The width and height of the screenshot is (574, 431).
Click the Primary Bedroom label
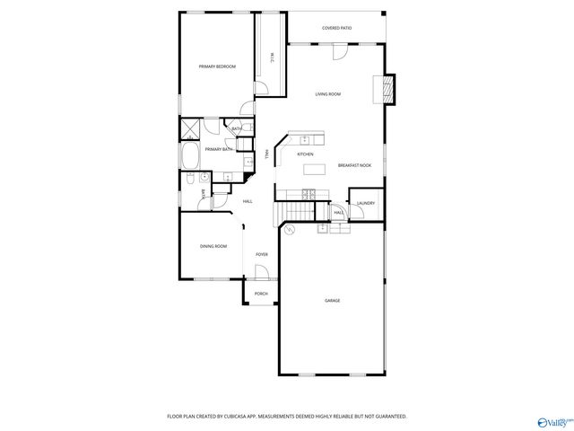(217, 66)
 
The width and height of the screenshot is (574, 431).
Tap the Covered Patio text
(337, 29)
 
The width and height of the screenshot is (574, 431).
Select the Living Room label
(327, 94)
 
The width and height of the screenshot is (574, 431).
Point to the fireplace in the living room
(387, 89)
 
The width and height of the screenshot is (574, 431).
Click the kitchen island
(314, 168)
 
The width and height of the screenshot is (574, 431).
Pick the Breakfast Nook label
(355, 165)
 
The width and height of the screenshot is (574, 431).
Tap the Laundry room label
(365, 204)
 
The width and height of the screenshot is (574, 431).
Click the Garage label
(332, 301)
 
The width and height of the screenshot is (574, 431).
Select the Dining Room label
(213, 246)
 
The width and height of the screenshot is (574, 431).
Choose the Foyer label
(262, 254)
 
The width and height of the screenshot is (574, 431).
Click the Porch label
(261, 294)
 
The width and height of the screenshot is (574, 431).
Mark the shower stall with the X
(190, 129)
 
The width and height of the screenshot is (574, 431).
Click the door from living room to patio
(340, 52)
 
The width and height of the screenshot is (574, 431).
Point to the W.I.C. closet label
(271, 58)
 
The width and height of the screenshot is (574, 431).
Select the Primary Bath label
(219, 149)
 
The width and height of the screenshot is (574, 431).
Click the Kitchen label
(305, 154)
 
